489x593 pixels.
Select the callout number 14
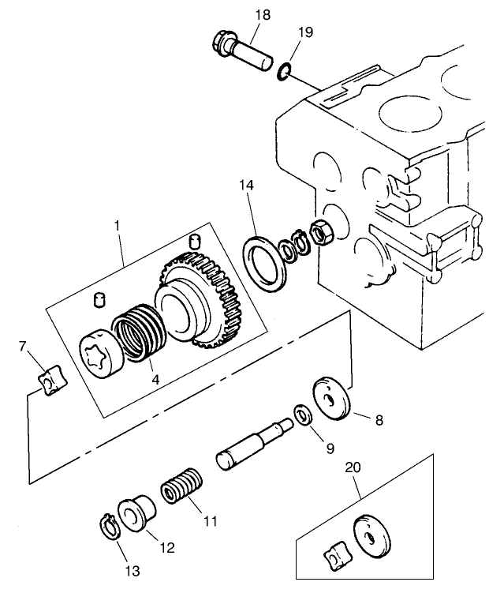pyautogui.click(x=248, y=185)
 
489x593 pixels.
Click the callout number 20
pyautogui.click(x=353, y=468)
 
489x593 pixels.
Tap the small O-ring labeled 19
pyautogui.click(x=283, y=73)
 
